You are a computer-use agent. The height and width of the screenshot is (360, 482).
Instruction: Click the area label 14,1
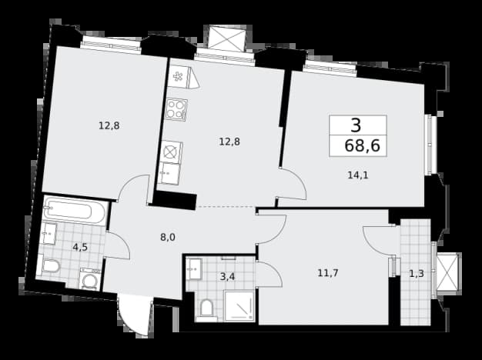pos(358,175)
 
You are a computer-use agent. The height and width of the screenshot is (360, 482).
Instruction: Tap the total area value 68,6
pos(362,145)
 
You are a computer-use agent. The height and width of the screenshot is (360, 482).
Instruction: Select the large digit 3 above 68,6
pos(356,125)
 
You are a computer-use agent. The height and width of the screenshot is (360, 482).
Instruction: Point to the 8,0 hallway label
pos(168,237)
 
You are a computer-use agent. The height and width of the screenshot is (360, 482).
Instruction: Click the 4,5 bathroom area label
pos(80,247)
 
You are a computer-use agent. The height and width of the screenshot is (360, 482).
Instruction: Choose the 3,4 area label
pos(227,277)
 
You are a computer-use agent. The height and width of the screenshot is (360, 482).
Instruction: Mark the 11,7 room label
pos(328,272)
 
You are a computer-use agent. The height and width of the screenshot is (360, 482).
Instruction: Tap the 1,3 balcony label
pos(417,273)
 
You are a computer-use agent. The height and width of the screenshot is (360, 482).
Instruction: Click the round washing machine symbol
pos(90,279)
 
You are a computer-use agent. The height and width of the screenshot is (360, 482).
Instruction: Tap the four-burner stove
pos(176,110)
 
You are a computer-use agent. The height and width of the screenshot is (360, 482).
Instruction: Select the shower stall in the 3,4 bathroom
pos(239,306)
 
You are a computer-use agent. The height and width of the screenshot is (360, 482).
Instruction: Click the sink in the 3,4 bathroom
pos(194,268)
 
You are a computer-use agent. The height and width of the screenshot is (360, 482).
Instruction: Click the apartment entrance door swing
pos(135,315)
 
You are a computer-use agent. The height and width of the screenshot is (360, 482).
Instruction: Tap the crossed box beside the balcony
pos(447,272)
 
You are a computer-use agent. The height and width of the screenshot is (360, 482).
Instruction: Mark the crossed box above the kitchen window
pos(227,38)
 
